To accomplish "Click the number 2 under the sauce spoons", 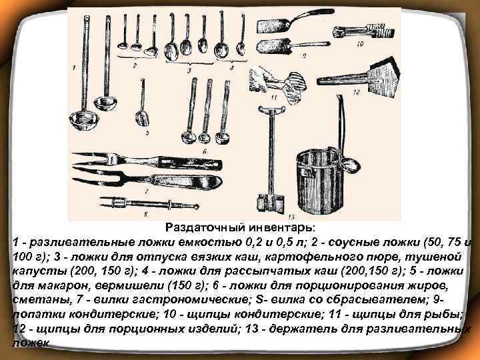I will (135, 66).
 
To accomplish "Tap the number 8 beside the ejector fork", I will (146, 213).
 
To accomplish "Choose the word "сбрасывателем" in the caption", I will (363, 301).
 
